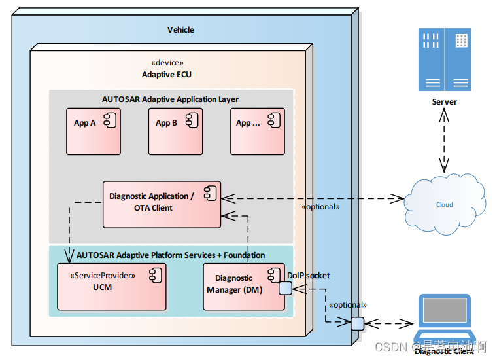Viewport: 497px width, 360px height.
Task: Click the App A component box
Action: pos(94,131)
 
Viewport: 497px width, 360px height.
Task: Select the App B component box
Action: pos(175,131)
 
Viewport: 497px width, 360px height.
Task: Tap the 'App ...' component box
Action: pos(257,131)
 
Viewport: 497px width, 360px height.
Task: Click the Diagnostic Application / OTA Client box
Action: pos(162,204)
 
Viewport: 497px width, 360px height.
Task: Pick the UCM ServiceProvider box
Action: pos(111,286)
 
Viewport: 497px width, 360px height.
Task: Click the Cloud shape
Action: pos(445,205)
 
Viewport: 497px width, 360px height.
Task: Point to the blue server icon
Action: pos(444,60)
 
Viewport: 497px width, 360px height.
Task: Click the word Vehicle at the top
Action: pos(180,30)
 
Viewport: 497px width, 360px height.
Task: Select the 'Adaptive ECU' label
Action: pos(167,75)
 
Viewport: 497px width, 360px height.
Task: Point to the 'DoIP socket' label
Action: pos(309,276)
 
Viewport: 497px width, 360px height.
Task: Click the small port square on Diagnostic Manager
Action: pos(285,288)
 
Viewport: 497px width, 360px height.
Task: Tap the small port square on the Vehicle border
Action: pos(356,323)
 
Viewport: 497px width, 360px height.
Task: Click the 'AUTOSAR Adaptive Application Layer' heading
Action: pos(170,99)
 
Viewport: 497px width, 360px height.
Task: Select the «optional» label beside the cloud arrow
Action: pos(320,207)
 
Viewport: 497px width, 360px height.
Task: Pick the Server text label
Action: pos(445,102)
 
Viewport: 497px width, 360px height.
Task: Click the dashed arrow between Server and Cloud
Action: pos(445,141)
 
